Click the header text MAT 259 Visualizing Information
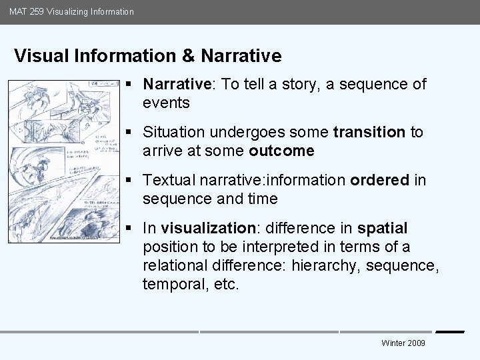(x=71, y=11)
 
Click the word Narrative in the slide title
(x=241, y=56)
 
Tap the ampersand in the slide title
(x=187, y=56)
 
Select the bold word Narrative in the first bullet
(x=176, y=84)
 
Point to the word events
(x=166, y=103)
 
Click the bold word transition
(x=369, y=132)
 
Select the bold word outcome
(x=281, y=151)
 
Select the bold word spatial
(x=382, y=228)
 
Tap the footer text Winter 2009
(x=403, y=343)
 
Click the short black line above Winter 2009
(x=449, y=331)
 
